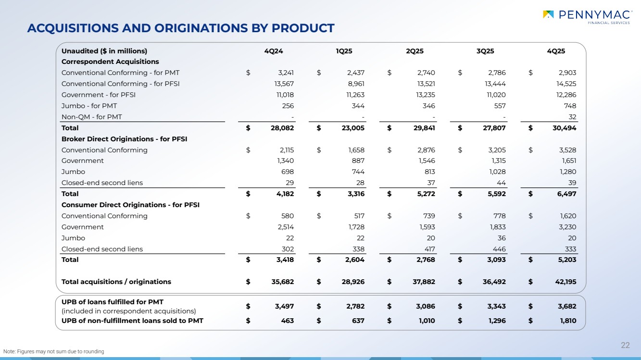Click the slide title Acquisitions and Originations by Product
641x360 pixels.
pyautogui.click(x=181, y=28)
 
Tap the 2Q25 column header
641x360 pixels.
pyautogui.click(x=415, y=51)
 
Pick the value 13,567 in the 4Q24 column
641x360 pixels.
pyautogui.click(x=283, y=84)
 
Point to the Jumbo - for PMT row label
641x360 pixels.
pyautogui.click(x=89, y=106)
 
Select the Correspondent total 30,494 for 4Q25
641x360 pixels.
pyautogui.click(x=563, y=128)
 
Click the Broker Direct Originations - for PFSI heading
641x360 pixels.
pyautogui.click(x=124, y=139)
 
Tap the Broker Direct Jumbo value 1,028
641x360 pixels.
pyautogui.click(x=496, y=172)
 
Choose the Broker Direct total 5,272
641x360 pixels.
pyautogui.click(x=426, y=194)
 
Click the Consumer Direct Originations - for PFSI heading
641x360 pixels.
pyautogui.click(x=130, y=205)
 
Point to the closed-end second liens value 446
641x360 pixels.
pyautogui.click(x=500, y=249)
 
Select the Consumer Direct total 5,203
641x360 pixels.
pyautogui.click(x=566, y=260)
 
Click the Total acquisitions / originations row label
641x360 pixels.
pyautogui.click(x=116, y=282)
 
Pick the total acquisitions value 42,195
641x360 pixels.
pyautogui.click(x=564, y=282)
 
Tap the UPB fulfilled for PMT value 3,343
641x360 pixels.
pyautogui.click(x=495, y=306)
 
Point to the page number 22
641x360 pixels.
pyautogui.click(x=625, y=345)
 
